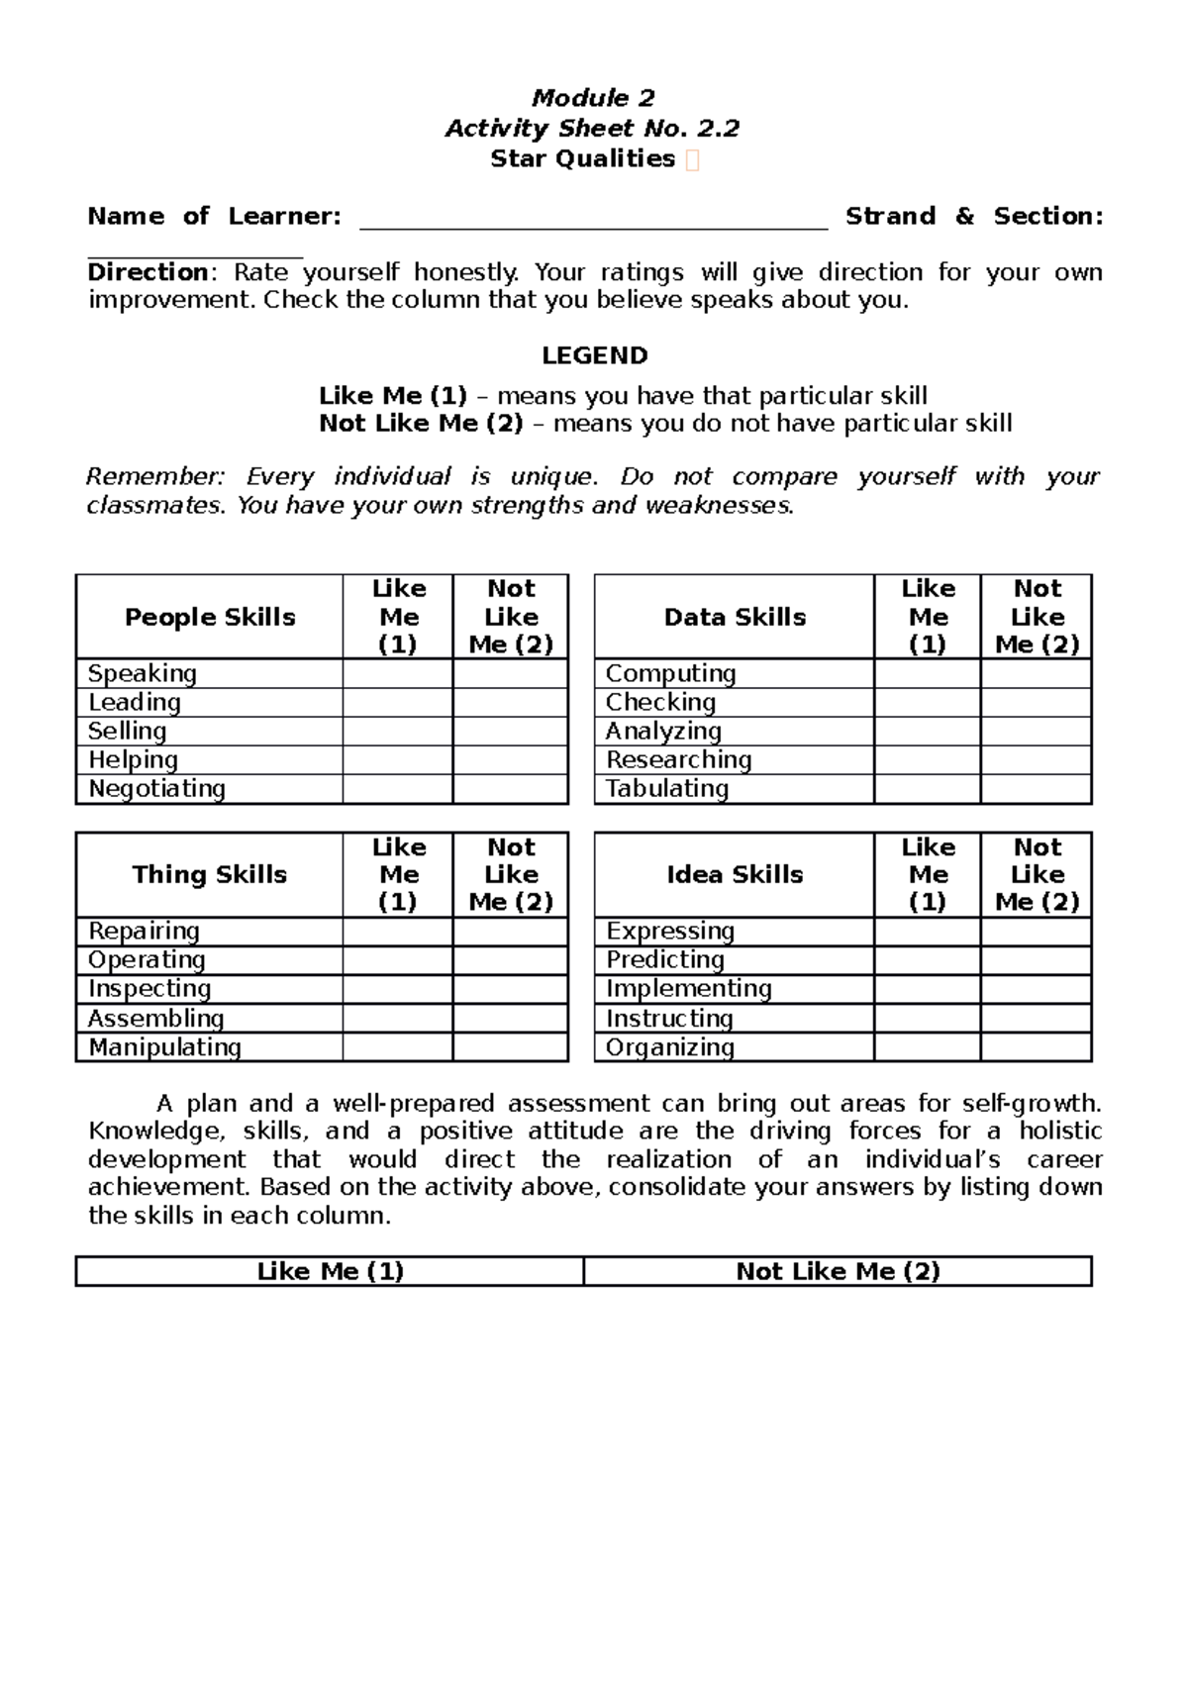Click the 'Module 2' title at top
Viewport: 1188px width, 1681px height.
tap(593, 97)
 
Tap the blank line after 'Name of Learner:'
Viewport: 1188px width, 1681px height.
tap(592, 218)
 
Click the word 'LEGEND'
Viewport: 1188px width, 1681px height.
tap(594, 355)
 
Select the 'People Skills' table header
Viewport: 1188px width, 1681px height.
tap(210, 617)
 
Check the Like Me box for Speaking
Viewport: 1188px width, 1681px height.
tap(397, 674)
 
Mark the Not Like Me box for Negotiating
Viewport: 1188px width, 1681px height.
tap(510, 789)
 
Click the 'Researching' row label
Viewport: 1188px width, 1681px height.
tap(679, 760)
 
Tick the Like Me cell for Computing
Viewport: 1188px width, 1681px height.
tap(927, 674)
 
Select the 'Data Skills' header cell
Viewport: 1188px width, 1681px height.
tap(735, 617)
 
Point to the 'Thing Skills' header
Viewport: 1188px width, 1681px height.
tap(210, 874)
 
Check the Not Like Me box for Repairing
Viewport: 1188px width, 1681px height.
tap(510, 932)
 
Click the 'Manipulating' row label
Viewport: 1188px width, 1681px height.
tap(164, 1047)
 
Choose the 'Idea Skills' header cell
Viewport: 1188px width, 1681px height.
tap(735, 874)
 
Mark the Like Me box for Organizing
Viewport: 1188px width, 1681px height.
tap(927, 1047)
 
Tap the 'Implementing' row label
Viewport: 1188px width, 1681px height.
tap(689, 989)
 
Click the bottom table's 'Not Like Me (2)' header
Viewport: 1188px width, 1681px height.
tap(838, 1271)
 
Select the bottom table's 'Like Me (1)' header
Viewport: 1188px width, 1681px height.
tap(330, 1271)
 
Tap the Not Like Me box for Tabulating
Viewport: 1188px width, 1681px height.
tap(1036, 789)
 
